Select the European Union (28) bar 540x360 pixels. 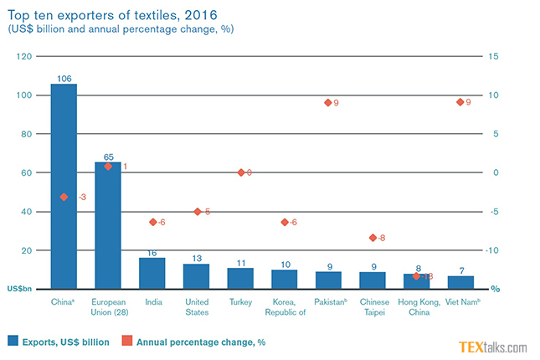[x=107, y=226]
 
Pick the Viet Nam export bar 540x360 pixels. [x=460, y=282]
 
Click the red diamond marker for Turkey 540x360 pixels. [x=240, y=172]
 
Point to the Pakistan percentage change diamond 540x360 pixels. [x=327, y=103]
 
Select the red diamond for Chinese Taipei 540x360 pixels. [x=372, y=238]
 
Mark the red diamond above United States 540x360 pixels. [x=198, y=212]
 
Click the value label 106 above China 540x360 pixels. [x=64, y=78]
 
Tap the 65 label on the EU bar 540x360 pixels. [x=107, y=157]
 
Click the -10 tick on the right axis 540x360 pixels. [x=496, y=250]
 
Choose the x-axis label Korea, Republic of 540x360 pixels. [x=284, y=307]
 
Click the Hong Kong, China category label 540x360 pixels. [x=415, y=307]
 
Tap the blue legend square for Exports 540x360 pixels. [x=13, y=341]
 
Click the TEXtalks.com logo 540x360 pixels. [x=492, y=347]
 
